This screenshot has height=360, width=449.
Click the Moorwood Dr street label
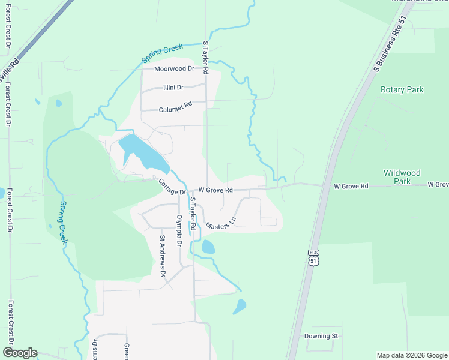coord(174,69)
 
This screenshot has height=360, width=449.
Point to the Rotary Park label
coord(402,90)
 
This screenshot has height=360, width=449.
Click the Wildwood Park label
coord(400,176)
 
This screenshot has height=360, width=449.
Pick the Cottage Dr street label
coord(173,187)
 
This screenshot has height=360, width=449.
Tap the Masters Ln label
coord(220,224)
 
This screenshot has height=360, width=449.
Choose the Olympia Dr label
coord(179,232)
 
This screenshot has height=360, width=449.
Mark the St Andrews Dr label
coord(162,255)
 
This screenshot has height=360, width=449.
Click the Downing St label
coord(321,336)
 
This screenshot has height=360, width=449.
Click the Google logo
coord(20,353)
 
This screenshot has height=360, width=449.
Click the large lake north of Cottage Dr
coord(144,154)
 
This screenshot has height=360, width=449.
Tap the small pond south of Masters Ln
coord(208,247)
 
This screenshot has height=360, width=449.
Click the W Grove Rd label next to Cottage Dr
coord(215,190)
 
